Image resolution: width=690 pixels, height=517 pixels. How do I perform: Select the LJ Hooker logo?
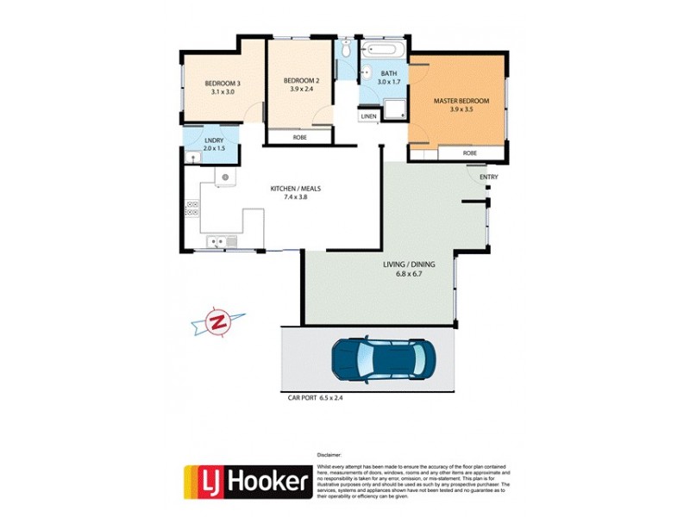pos(246,482)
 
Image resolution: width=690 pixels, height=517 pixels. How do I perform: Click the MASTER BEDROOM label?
pos(461,101)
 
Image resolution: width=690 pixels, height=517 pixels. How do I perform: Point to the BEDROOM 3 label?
pos(223,83)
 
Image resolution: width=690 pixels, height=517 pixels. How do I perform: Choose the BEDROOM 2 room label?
pos(301,81)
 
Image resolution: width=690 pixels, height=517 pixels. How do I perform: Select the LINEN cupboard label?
pos(369,115)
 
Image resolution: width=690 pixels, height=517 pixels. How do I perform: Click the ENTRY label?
pos(488,178)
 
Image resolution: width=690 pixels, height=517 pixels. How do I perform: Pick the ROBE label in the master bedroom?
pos(469,153)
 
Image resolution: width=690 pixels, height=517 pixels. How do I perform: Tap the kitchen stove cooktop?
pos(191,208)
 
